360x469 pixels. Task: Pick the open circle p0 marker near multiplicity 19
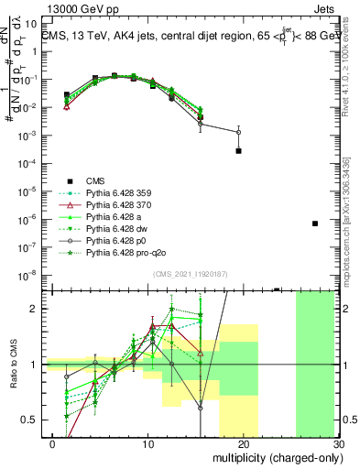click(x=238, y=132)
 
